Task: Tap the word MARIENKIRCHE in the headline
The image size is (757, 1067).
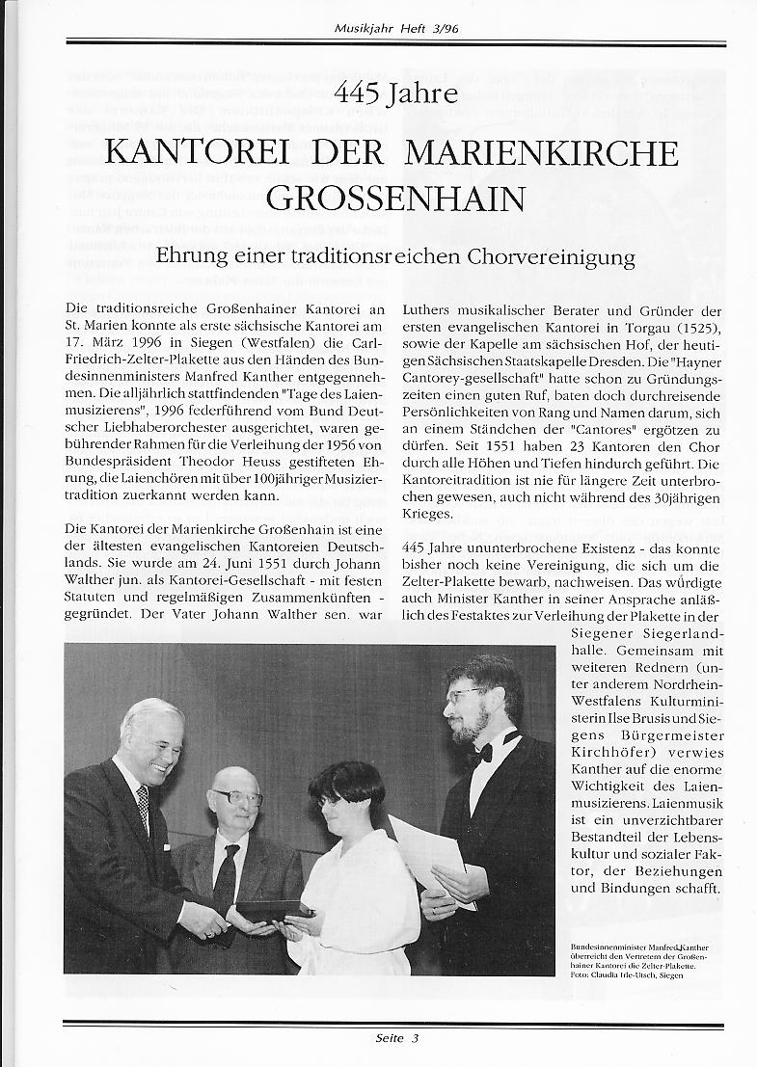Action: (542, 152)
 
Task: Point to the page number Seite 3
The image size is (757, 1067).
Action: (396, 1038)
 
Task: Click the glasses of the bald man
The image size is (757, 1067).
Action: (237, 798)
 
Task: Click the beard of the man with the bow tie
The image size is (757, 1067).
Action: (471, 727)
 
